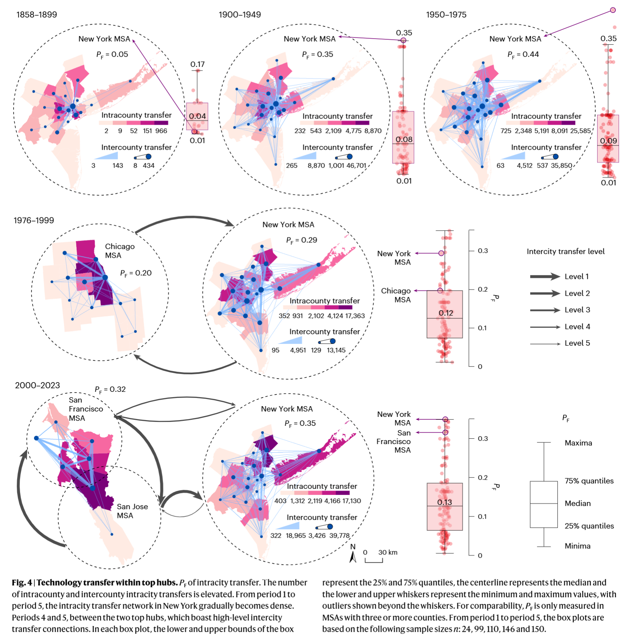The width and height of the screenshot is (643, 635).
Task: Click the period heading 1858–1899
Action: coord(37,15)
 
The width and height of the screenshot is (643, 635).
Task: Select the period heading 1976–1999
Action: coord(34,220)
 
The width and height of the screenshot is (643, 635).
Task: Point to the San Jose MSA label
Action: coord(132,511)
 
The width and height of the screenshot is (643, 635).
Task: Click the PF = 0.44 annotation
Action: coord(523,54)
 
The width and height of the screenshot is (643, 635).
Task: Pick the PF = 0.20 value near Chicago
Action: coord(136,273)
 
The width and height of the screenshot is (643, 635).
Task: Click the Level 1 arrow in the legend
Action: coord(545,276)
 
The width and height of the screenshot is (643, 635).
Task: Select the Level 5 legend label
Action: coord(577,343)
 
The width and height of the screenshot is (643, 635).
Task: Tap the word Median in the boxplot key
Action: coord(577,503)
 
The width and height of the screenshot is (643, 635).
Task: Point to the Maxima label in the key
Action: coord(578,443)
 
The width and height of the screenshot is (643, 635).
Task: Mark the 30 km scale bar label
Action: coord(388,552)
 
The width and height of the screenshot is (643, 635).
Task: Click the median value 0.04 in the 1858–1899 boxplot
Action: coord(197,116)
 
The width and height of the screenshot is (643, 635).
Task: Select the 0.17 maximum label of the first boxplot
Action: coord(197,64)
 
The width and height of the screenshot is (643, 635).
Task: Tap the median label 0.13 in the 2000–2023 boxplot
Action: coord(445,502)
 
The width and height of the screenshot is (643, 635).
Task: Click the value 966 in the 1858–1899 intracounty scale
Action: coord(161,131)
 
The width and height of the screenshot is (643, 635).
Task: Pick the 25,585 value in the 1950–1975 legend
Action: coord(580,131)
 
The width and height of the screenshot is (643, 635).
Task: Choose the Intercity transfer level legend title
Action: coord(565,251)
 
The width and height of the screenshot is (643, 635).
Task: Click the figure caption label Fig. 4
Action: coord(22,583)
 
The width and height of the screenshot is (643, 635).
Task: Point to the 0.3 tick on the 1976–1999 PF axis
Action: coord(483,251)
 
